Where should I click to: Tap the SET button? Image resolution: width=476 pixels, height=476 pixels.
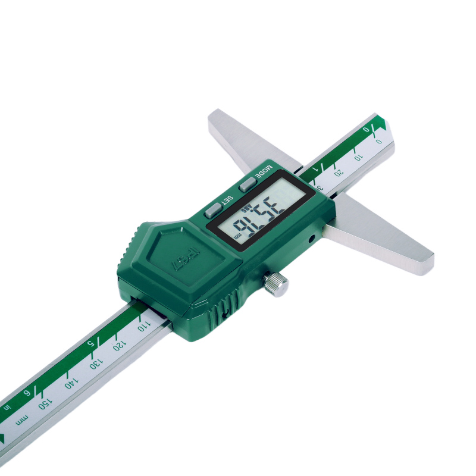click(212, 209)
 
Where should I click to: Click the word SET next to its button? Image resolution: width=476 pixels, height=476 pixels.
click(227, 200)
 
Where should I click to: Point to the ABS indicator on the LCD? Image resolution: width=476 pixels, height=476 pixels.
click(246, 209)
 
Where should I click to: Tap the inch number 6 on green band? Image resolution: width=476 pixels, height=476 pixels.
click(26, 393)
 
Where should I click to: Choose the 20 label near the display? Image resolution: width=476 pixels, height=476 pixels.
click(339, 173)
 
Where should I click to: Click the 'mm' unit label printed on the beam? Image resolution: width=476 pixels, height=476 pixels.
click(22, 421)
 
